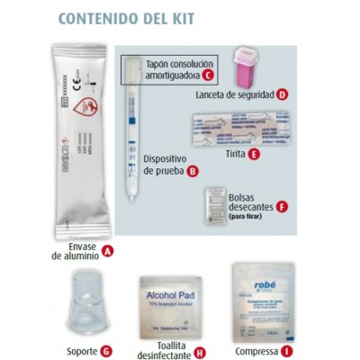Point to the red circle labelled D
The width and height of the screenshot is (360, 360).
point(283,94)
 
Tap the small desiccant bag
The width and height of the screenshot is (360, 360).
point(214,197)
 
